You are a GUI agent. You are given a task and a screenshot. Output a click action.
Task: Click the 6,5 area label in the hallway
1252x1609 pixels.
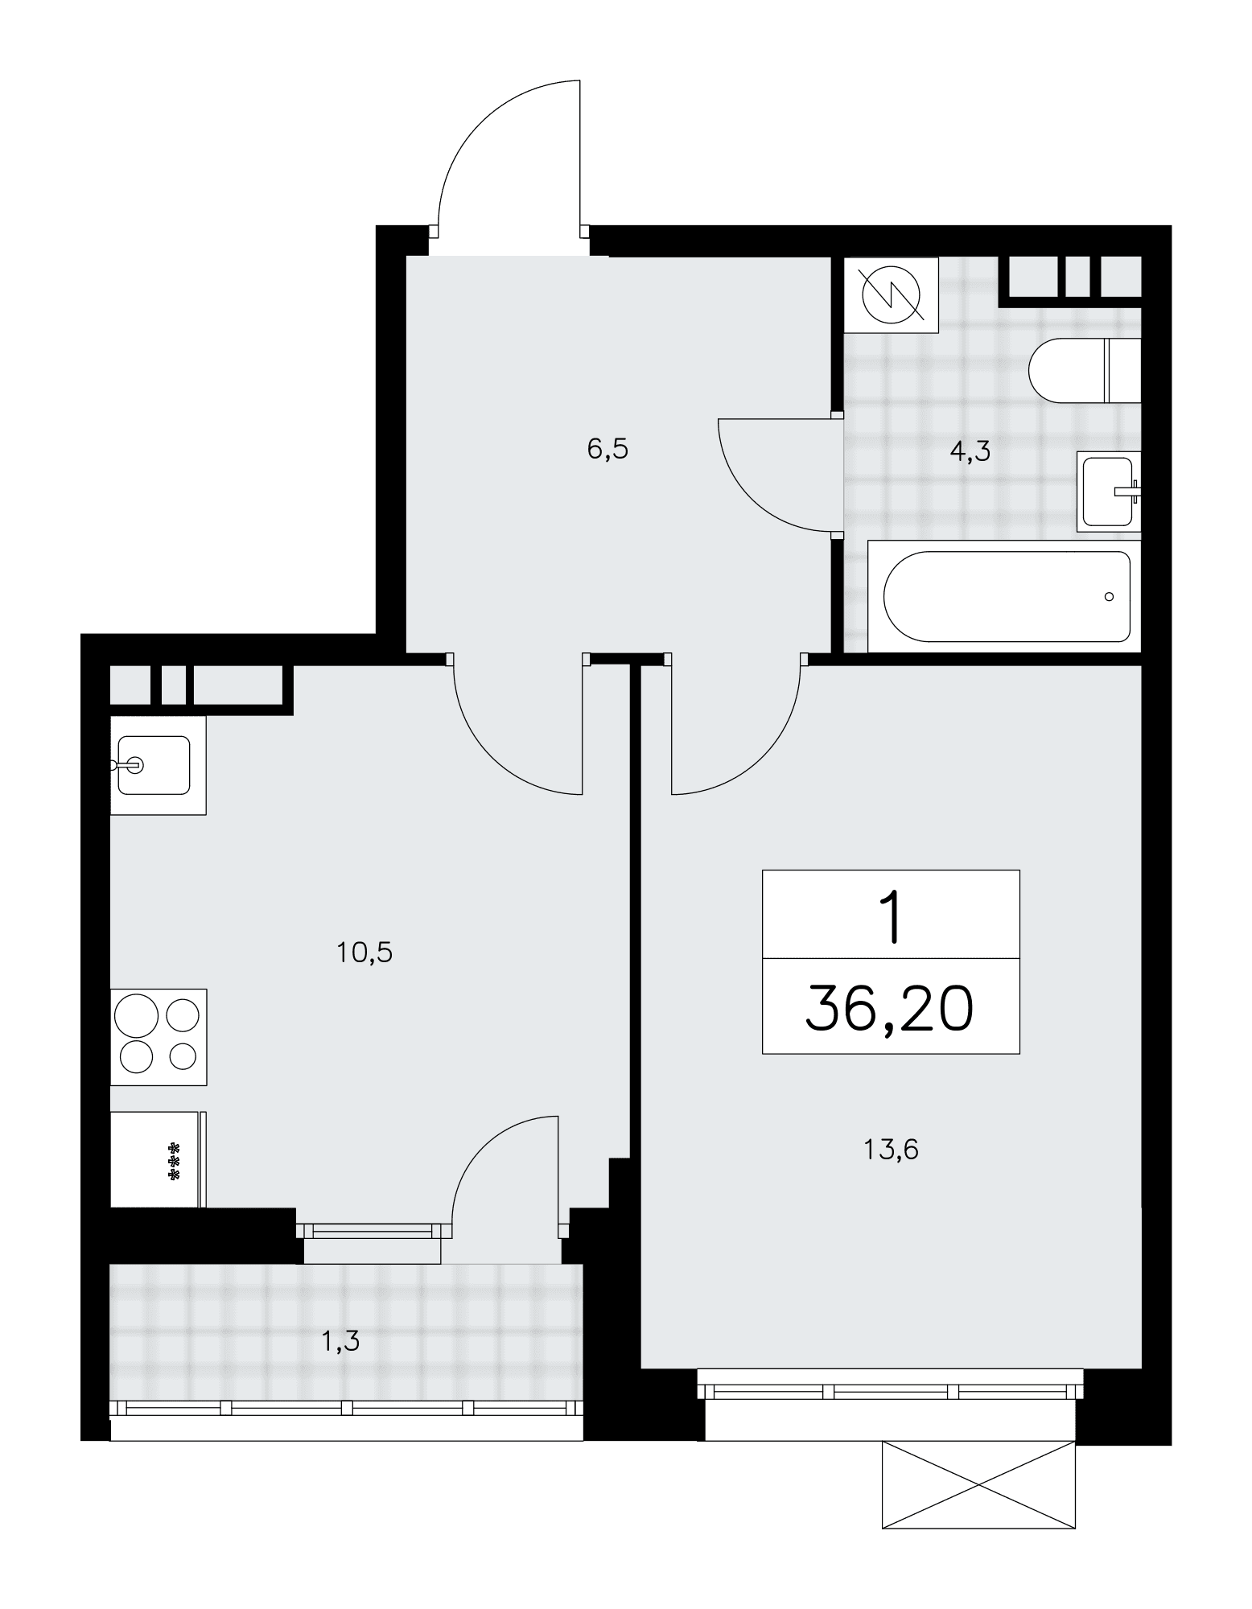[x=607, y=450]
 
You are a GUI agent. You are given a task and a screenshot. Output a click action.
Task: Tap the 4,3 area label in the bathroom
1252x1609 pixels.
[x=970, y=451]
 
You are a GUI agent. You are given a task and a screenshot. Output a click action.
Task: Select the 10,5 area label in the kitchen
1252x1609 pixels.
[x=364, y=953]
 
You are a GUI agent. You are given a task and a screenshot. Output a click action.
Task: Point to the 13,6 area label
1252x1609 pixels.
[x=891, y=1150]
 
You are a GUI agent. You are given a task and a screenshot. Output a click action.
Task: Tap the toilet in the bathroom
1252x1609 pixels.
[x=1085, y=371]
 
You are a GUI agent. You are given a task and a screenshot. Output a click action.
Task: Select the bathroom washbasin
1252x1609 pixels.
[x=1110, y=491]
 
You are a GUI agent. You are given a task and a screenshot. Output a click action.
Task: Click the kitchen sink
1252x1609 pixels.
[x=158, y=764]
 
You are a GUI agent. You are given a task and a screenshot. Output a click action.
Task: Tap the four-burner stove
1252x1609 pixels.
[x=159, y=1037]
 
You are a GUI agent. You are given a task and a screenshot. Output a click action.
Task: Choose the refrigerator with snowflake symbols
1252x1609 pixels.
[x=159, y=1158]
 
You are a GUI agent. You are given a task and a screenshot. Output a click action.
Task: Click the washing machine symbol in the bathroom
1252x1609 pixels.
[x=892, y=294]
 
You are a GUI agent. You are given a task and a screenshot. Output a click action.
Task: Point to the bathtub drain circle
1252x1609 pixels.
[x=1110, y=596]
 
